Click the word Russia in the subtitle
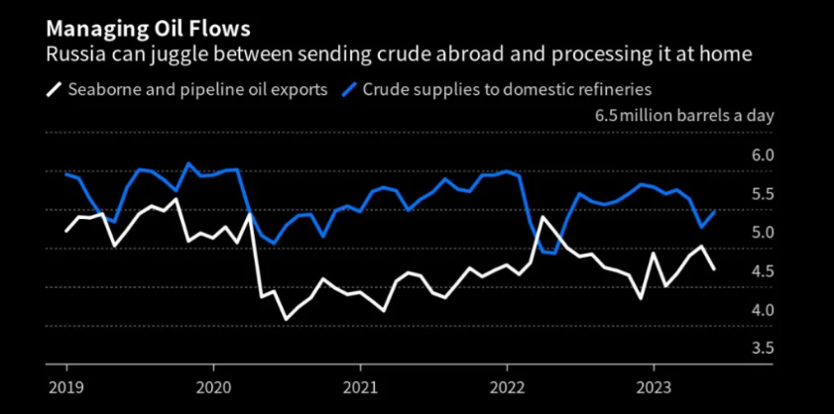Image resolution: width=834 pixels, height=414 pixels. point(72,54)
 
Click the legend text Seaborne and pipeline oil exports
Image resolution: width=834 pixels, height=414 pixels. point(197,89)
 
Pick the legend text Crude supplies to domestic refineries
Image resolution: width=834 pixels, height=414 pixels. point(507,89)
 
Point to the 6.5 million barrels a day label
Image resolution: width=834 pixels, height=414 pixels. point(683,115)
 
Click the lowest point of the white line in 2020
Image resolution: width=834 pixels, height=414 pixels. point(287,320)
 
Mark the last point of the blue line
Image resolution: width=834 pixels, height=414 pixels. point(715,210)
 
